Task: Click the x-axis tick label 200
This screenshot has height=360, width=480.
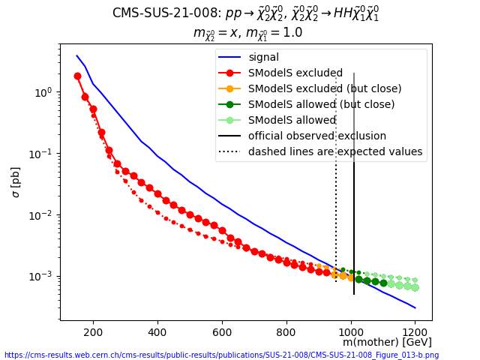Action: [93, 332]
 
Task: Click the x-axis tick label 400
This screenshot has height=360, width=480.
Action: [157, 332]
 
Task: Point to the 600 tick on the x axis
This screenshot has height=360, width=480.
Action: [222, 332]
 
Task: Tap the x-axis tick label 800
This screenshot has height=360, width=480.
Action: [286, 332]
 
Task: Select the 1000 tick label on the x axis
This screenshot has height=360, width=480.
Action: [351, 332]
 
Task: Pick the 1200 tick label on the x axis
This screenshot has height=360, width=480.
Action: [415, 332]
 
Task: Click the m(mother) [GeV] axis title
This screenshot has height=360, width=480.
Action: [387, 342]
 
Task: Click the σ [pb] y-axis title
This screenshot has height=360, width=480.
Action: [15, 182]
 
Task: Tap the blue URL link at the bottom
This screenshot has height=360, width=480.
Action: [222, 355]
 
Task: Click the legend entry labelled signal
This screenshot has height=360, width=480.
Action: [263, 57]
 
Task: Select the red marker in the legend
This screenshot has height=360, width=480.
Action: [229, 73]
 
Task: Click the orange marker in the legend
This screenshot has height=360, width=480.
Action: [229, 88]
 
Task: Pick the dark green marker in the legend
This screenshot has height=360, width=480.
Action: [229, 104]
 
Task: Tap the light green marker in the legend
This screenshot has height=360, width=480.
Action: [229, 120]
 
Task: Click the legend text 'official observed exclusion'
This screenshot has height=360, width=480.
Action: [317, 136]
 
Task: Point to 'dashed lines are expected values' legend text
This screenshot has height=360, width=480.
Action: [335, 151]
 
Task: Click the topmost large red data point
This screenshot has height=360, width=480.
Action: [78, 76]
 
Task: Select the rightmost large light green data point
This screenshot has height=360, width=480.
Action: [415, 287]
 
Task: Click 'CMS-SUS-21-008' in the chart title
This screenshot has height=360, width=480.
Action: [165, 13]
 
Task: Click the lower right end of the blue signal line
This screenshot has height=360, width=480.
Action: [415, 308]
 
